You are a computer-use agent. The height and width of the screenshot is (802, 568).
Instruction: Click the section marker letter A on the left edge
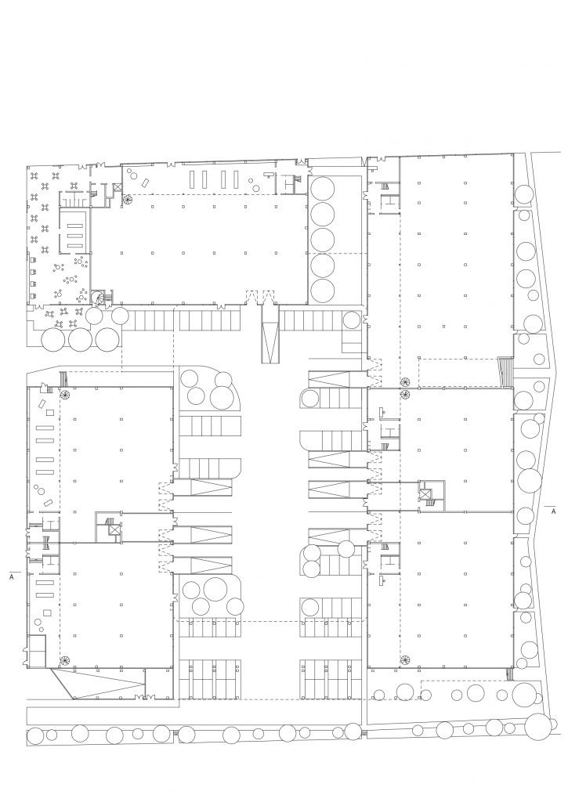tap(12, 577)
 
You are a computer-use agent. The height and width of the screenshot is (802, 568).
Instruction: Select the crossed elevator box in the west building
tap(114, 529)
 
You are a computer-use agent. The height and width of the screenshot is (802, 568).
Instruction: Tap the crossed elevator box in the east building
tap(425, 494)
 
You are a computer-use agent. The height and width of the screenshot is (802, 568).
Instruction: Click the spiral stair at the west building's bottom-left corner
tap(64, 660)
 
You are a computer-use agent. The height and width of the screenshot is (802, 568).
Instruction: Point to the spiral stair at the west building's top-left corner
tap(65, 395)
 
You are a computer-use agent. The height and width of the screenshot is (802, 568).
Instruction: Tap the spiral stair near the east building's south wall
tap(406, 659)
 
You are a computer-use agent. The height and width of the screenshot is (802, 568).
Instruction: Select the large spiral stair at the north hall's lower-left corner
tap(97, 297)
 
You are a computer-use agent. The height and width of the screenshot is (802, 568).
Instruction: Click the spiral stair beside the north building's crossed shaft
tap(126, 200)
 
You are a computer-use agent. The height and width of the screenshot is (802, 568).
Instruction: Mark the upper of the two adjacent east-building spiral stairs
tap(405, 381)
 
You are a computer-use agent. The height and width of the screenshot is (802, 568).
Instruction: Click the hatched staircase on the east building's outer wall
tap(505, 373)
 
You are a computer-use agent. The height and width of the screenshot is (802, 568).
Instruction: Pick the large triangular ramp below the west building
tap(99, 683)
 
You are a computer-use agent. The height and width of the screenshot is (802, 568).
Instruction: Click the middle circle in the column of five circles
tap(323, 240)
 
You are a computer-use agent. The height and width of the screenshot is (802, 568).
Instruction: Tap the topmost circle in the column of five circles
tap(323, 189)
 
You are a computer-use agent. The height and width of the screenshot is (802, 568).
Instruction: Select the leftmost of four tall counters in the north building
tap(193, 180)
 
